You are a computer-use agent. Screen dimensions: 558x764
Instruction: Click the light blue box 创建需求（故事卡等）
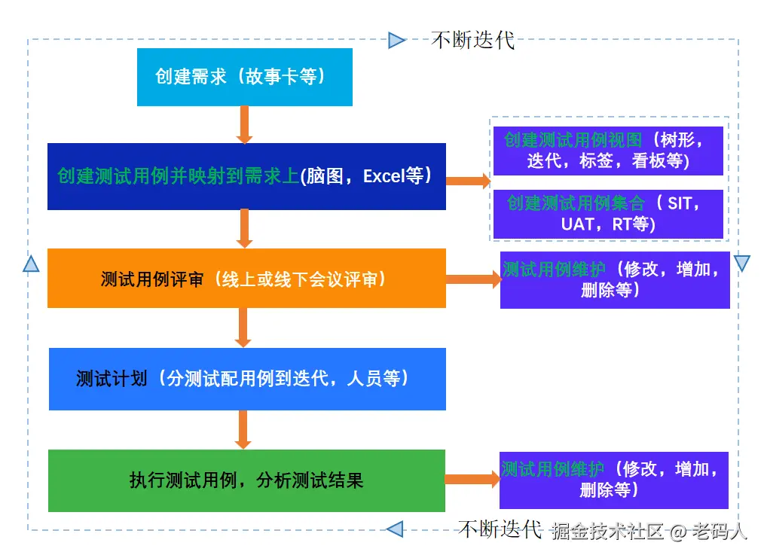point(244,77)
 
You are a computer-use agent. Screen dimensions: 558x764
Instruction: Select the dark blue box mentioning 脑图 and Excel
point(246,176)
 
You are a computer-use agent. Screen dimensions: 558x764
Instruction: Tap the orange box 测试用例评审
point(246,279)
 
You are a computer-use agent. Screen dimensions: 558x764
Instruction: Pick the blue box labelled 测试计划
point(246,379)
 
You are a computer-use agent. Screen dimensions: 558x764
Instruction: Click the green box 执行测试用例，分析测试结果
point(246,480)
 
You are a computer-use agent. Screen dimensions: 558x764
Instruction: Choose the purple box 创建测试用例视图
point(608,151)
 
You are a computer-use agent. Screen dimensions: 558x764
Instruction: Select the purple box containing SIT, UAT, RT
point(608,213)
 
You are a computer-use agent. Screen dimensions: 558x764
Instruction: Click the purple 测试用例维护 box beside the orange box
point(614,279)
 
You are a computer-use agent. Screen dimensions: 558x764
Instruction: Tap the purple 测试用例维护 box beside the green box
point(613,480)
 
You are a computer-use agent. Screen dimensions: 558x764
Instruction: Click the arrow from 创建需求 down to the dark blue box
point(243,124)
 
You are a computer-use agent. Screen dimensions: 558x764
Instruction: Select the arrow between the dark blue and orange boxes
point(243,228)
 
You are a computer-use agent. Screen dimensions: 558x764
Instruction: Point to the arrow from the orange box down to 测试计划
point(243,327)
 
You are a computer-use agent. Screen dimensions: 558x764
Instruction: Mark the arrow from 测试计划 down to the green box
point(243,429)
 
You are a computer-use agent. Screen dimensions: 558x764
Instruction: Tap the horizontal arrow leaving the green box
point(472,480)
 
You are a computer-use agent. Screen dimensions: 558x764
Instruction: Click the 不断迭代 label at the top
point(472,40)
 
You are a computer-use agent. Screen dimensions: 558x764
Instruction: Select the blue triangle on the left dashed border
point(31,264)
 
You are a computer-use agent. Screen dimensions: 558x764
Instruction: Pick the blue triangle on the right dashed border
point(741,264)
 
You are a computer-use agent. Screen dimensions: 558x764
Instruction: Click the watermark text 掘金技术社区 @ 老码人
point(649,532)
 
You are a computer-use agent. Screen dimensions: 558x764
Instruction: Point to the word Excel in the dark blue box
point(384,177)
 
